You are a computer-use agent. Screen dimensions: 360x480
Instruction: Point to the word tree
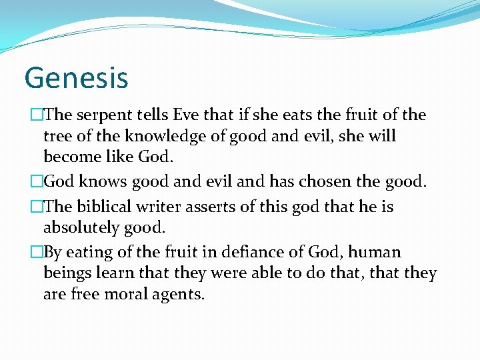[57, 137]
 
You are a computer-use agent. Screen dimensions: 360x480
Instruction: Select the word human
[375, 252]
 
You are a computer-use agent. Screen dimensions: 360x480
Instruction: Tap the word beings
[66, 274]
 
